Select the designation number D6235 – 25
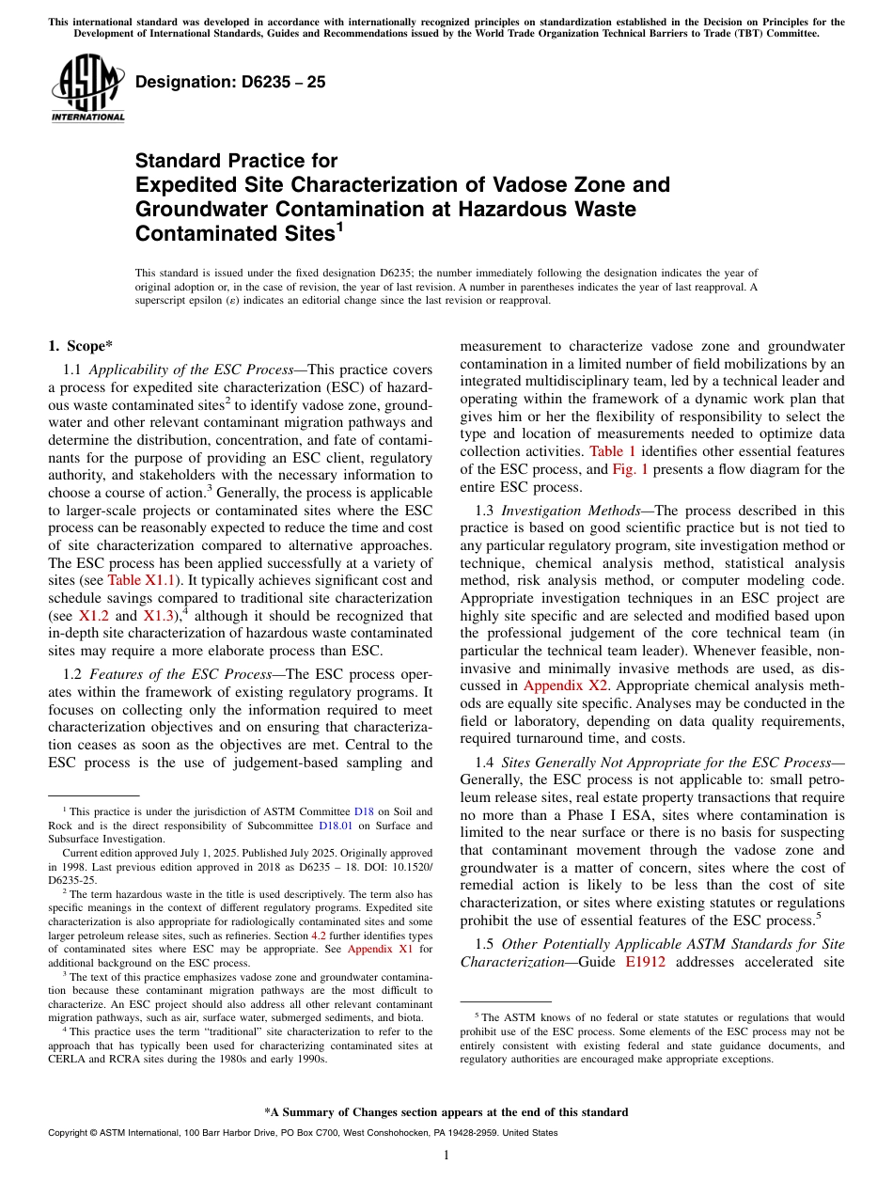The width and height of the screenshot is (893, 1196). pos(230,82)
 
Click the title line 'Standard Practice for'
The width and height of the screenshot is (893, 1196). pos(236,161)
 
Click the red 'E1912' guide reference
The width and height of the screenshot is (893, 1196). pos(645,962)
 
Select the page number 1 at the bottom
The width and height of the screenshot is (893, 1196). pos(446,1156)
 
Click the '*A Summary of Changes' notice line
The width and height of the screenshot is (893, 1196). pos(446,1112)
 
